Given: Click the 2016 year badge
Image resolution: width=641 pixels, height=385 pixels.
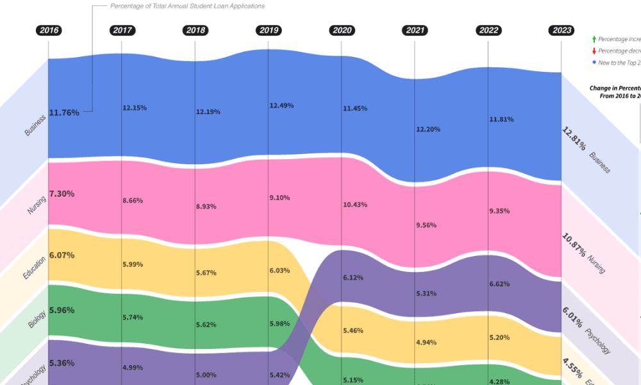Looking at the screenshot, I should pyautogui.click(x=49, y=30).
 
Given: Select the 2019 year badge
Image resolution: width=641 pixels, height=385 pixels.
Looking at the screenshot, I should pyautogui.click(x=268, y=30).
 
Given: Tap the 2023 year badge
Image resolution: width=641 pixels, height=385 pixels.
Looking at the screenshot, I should pyautogui.click(x=562, y=30).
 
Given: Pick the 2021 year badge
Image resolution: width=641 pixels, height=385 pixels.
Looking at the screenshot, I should pyautogui.click(x=415, y=30).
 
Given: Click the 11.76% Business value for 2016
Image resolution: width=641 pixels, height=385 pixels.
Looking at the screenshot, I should pyautogui.click(x=64, y=113).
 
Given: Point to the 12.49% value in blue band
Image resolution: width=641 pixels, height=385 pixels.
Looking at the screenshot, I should pyautogui.click(x=281, y=105).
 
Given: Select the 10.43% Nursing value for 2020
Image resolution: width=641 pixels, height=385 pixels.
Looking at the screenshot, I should pyautogui.click(x=355, y=205).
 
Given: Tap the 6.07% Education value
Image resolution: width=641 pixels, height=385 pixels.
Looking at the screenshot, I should pyautogui.click(x=62, y=255).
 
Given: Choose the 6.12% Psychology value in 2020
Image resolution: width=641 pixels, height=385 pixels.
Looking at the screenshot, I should pyautogui.click(x=353, y=278).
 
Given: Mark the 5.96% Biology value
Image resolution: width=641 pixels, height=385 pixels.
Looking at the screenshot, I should pyautogui.click(x=62, y=311).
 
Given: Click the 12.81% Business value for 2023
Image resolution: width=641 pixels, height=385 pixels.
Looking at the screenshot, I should pyautogui.click(x=574, y=139).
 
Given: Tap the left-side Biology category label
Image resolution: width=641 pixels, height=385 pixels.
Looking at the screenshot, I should pyautogui.click(x=37, y=319).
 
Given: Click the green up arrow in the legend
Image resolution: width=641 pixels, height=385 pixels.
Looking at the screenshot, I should pyautogui.click(x=594, y=39).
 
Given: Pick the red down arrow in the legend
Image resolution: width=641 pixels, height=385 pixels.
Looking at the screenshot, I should pyautogui.click(x=594, y=51).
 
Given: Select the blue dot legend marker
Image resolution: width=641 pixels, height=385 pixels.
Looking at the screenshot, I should pyautogui.click(x=594, y=62).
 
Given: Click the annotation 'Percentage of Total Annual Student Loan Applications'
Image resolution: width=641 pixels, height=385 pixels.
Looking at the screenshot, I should pyautogui.click(x=187, y=6).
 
